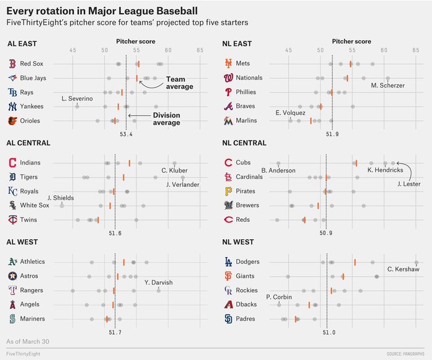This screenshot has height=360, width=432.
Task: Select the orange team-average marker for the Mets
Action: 351,63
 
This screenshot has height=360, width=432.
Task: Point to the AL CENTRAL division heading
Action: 28,143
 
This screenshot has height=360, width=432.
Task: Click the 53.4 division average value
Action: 126,134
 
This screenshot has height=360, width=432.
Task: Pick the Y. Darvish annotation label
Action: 159,283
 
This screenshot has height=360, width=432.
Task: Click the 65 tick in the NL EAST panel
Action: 415,50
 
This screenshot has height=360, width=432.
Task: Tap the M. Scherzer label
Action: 388,85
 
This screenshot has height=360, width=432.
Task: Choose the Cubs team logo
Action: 228,163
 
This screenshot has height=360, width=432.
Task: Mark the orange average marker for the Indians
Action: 129,163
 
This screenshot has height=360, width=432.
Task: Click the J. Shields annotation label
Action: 60,198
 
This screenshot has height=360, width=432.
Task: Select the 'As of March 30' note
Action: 27,341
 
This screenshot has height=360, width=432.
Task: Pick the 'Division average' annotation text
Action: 166,119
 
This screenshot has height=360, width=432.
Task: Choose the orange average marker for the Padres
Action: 296,319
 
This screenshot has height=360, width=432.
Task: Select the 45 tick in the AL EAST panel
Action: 73,50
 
